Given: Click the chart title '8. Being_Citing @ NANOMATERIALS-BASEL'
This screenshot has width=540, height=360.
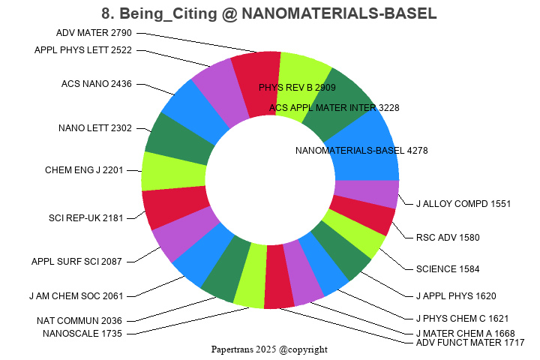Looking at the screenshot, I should tap(269, 13).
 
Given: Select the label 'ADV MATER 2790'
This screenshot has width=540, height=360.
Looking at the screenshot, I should tap(94, 32).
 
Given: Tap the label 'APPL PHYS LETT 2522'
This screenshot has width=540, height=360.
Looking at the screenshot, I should tap(83, 50).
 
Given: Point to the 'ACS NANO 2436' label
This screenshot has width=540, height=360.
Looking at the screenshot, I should tap(97, 83).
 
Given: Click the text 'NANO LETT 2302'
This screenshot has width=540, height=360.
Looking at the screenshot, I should tap(95, 127).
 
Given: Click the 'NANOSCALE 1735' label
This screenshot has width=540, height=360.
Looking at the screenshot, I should tap(82, 333).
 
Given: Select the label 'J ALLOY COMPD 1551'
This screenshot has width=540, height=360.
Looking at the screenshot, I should tap(463, 203).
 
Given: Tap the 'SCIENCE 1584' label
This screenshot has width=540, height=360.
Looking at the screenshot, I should tap(447, 268).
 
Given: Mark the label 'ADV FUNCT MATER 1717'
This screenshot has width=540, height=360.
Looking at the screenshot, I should tap(470, 343).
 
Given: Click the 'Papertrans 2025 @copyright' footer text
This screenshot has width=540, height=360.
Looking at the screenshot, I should tap(269, 349).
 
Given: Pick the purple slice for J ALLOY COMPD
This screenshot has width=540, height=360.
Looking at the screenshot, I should tap(366, 193).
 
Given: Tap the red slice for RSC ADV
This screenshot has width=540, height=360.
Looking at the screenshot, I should tap(361, 217).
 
